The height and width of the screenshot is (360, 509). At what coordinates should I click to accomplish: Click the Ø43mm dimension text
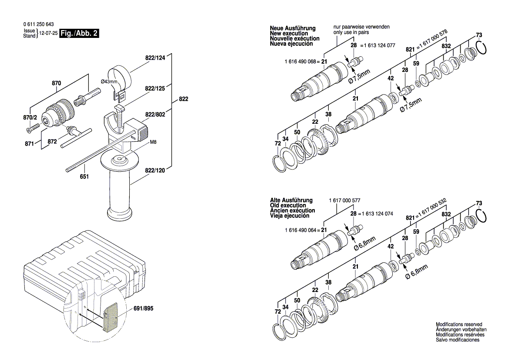[x=109, y=82]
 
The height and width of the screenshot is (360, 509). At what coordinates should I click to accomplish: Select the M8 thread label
[x=153, y=143]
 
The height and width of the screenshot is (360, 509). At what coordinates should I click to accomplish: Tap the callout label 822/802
[x=156, y=115]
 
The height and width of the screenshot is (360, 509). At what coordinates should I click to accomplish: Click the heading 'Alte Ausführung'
[x=291, y=200]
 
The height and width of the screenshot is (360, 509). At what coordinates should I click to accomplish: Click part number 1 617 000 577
[x=344, y=200]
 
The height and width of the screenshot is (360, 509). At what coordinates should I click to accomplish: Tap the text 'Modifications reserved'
[x=459, y=324]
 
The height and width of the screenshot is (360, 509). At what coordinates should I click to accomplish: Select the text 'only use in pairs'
[x=354, y=32]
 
